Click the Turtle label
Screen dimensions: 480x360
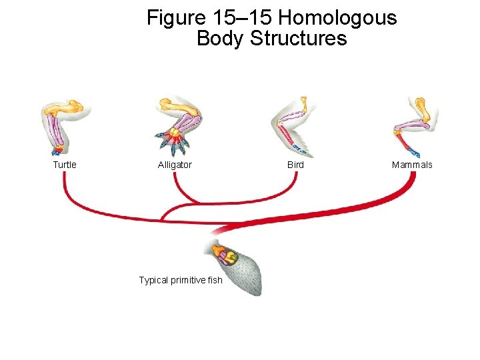[65, 165]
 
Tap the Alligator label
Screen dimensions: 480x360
[175, 165]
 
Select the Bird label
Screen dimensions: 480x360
[295, 165]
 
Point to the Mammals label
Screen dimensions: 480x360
[412, 165]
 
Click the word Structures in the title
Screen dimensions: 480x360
[298, 39]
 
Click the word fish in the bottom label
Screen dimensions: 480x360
[215, 280]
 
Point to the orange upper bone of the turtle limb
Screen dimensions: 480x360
[69, 107]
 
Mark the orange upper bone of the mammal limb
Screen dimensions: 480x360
[421, 107]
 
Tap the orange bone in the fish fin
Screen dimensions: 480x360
[219, 251]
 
